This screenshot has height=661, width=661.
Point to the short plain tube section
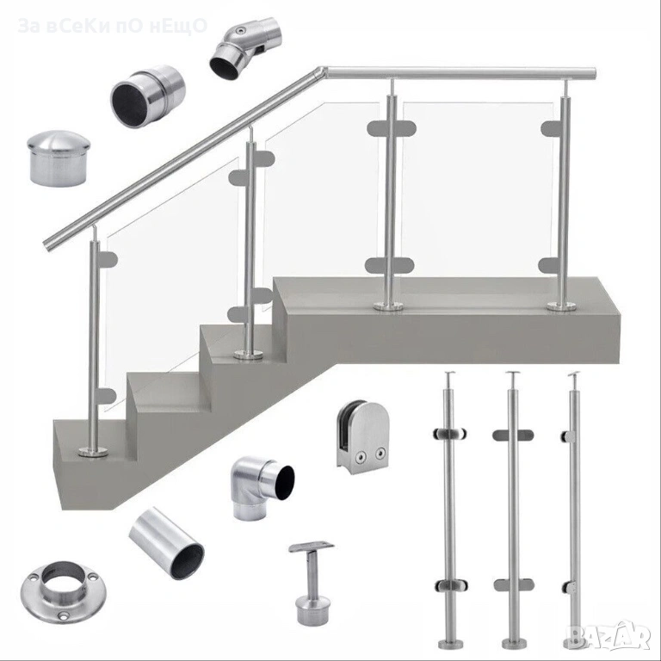click(x=166, y=543)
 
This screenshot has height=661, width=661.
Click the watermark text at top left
click(x=113, y=26)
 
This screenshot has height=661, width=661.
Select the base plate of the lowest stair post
click(x=93, y=454)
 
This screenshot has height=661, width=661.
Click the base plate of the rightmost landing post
click(x=562, y=306)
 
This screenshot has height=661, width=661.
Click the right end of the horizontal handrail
click(x=592, y=72)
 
